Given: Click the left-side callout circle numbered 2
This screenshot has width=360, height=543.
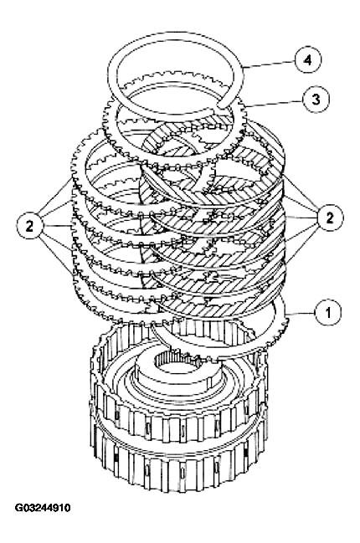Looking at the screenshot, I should (30, 224).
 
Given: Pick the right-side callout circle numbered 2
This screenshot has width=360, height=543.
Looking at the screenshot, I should (330, 218).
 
